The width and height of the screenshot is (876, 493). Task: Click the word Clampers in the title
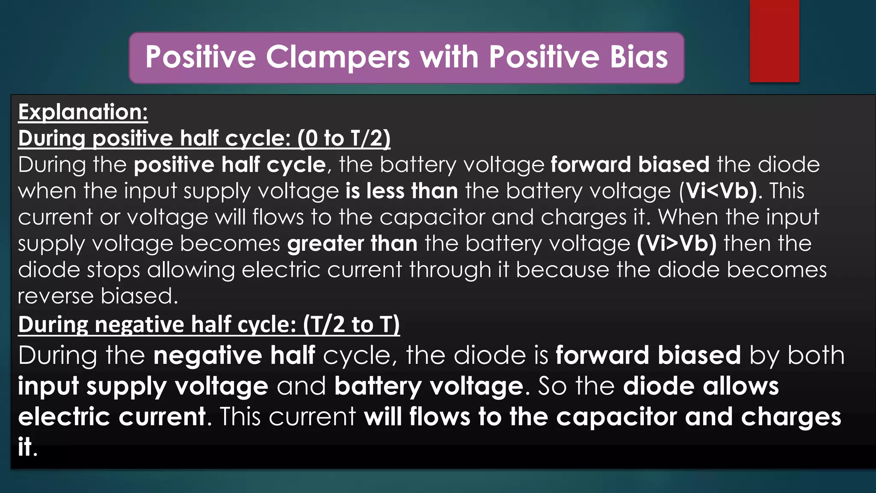point(337,57)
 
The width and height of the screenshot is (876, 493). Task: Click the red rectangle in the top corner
point(774,41)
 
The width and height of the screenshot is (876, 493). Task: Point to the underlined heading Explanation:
point(83,112)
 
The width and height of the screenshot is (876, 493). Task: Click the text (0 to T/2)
point(344,138)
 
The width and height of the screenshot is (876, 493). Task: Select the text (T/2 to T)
point(351,324)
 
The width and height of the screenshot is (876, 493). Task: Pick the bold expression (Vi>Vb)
point(677,244)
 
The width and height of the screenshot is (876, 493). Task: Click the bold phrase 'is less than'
point(402,191)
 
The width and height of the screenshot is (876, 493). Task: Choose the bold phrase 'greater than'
point(352,244)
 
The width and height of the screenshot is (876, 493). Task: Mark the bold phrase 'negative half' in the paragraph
point(234,356)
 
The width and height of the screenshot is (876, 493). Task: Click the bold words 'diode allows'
point(701,386)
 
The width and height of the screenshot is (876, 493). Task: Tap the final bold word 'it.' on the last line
point(27,447)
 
